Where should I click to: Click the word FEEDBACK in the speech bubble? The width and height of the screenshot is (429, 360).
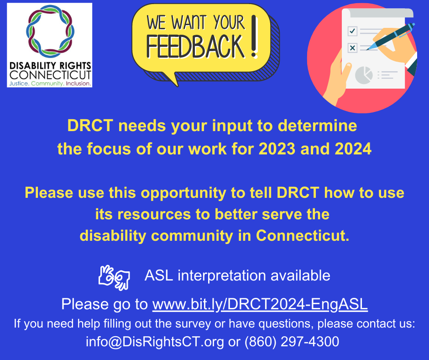click(x=195, y=46)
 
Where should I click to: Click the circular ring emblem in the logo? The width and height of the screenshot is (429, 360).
click(x=49, y=30)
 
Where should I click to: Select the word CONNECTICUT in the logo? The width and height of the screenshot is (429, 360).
click(x=50, y=75)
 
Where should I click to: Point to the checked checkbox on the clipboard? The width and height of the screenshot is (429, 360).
click(x=352, y=31)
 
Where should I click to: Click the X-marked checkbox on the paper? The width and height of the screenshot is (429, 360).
click(x=352, y=47)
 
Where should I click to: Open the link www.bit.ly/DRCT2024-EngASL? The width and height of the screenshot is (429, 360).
click(x=260, y=304)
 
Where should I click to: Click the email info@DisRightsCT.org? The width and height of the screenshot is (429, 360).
click(x=155, y=342)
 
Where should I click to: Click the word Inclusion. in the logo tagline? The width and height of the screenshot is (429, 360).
click(x=78, y=84)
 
